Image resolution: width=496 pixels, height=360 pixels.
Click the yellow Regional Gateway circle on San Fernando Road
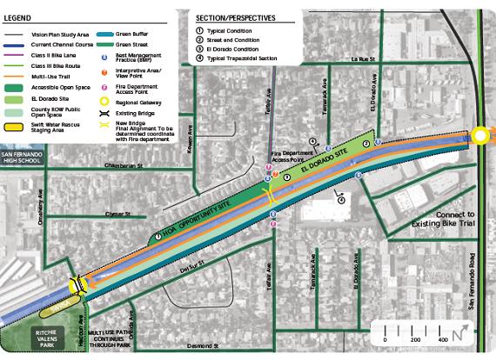pos(481,135)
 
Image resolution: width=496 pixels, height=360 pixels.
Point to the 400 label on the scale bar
pos(444,339)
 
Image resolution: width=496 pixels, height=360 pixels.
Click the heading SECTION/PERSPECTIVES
pos(235,17)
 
